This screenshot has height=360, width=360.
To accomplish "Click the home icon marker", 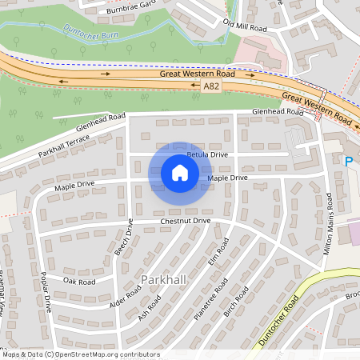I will click(180, 172).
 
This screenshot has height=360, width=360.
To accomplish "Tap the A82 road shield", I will click(210, 86).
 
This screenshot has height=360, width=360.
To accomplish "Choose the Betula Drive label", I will click(207, 154).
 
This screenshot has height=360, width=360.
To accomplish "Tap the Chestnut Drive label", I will click(185, 220).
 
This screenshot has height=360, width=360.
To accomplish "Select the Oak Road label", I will click(79, 282).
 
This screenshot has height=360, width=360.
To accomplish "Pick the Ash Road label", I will click(149, 306).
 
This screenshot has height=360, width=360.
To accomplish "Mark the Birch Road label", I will click(237, 302).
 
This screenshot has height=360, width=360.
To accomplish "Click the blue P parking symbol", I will click(348, 162).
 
